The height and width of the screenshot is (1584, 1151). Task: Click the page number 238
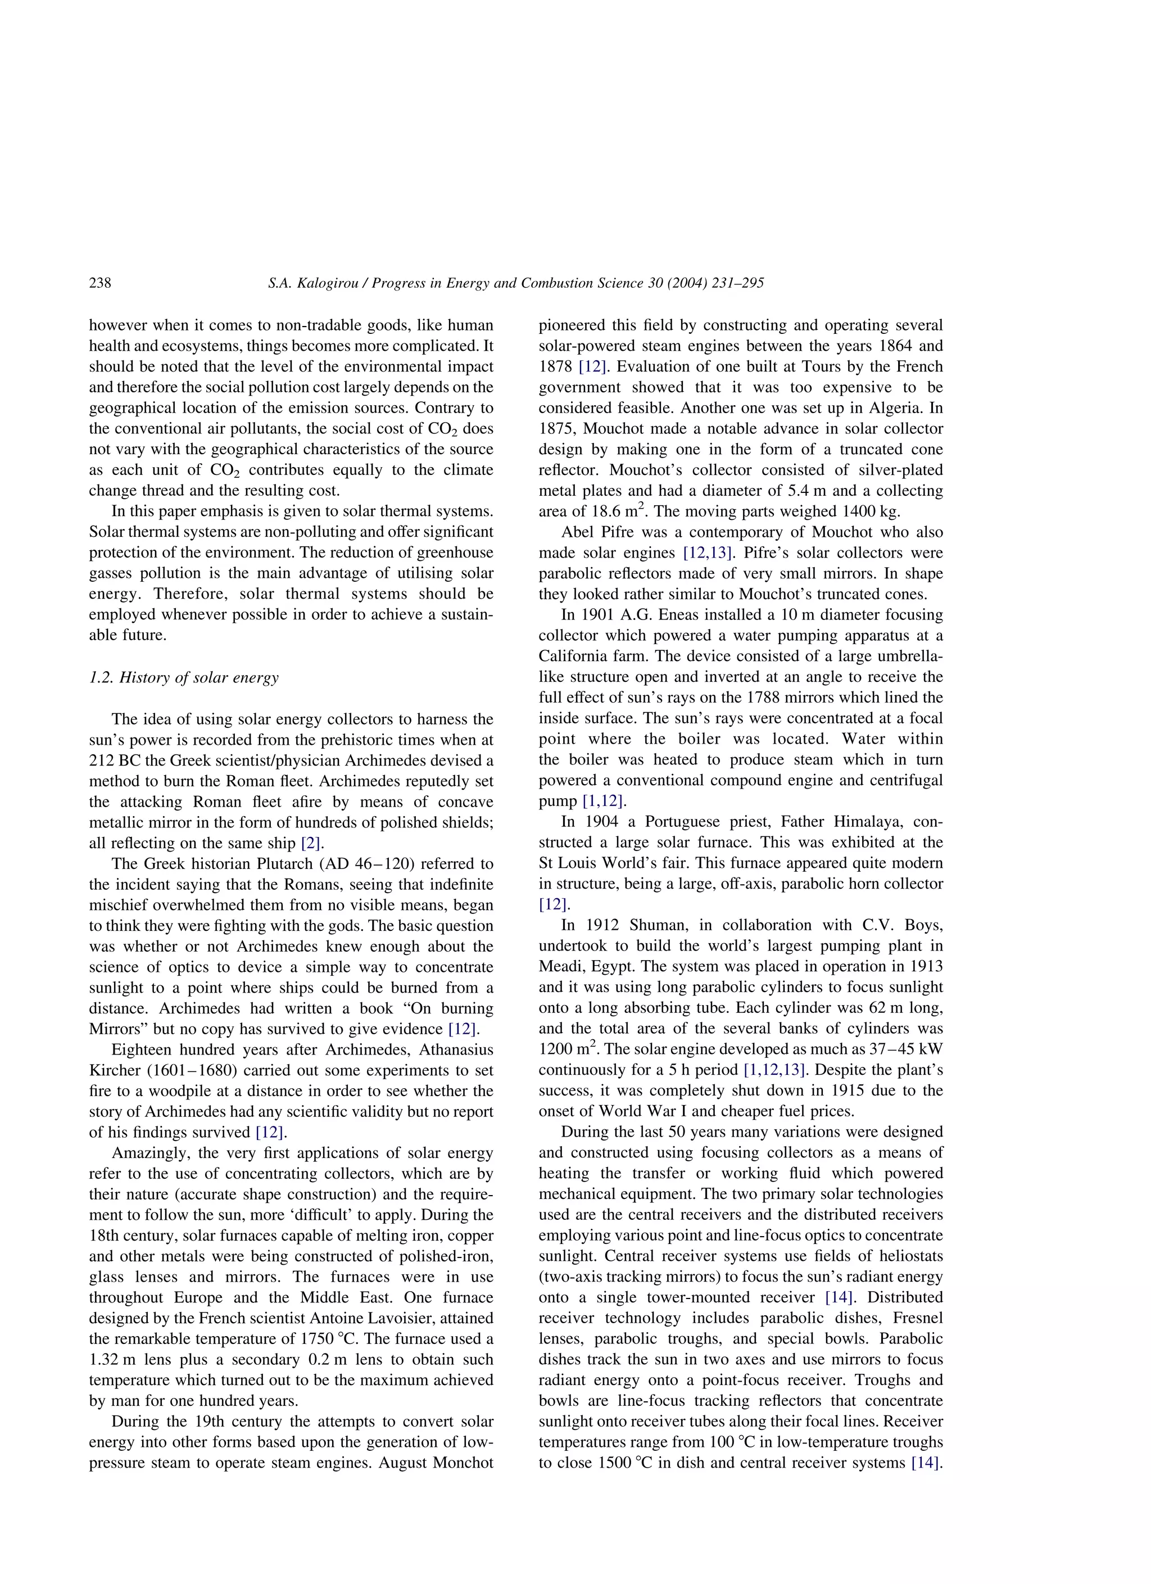click(x=100, y=283)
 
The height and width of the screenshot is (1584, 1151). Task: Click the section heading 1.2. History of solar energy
click(x=184, y=677)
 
